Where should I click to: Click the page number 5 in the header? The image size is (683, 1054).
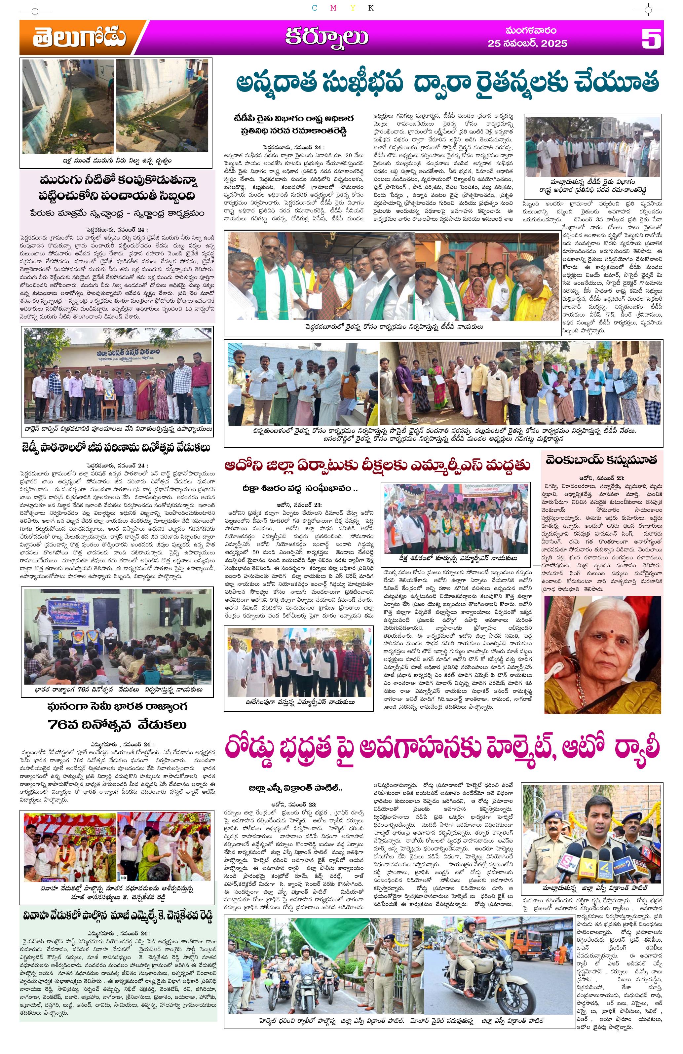pos(651,39)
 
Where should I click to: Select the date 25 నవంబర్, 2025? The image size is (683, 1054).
pos(527,43)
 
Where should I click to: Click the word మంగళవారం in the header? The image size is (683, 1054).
pos(531,30)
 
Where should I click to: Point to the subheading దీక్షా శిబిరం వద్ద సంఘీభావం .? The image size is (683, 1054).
pos(299,488)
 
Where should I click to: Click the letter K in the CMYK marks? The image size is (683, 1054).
pos(371,8)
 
